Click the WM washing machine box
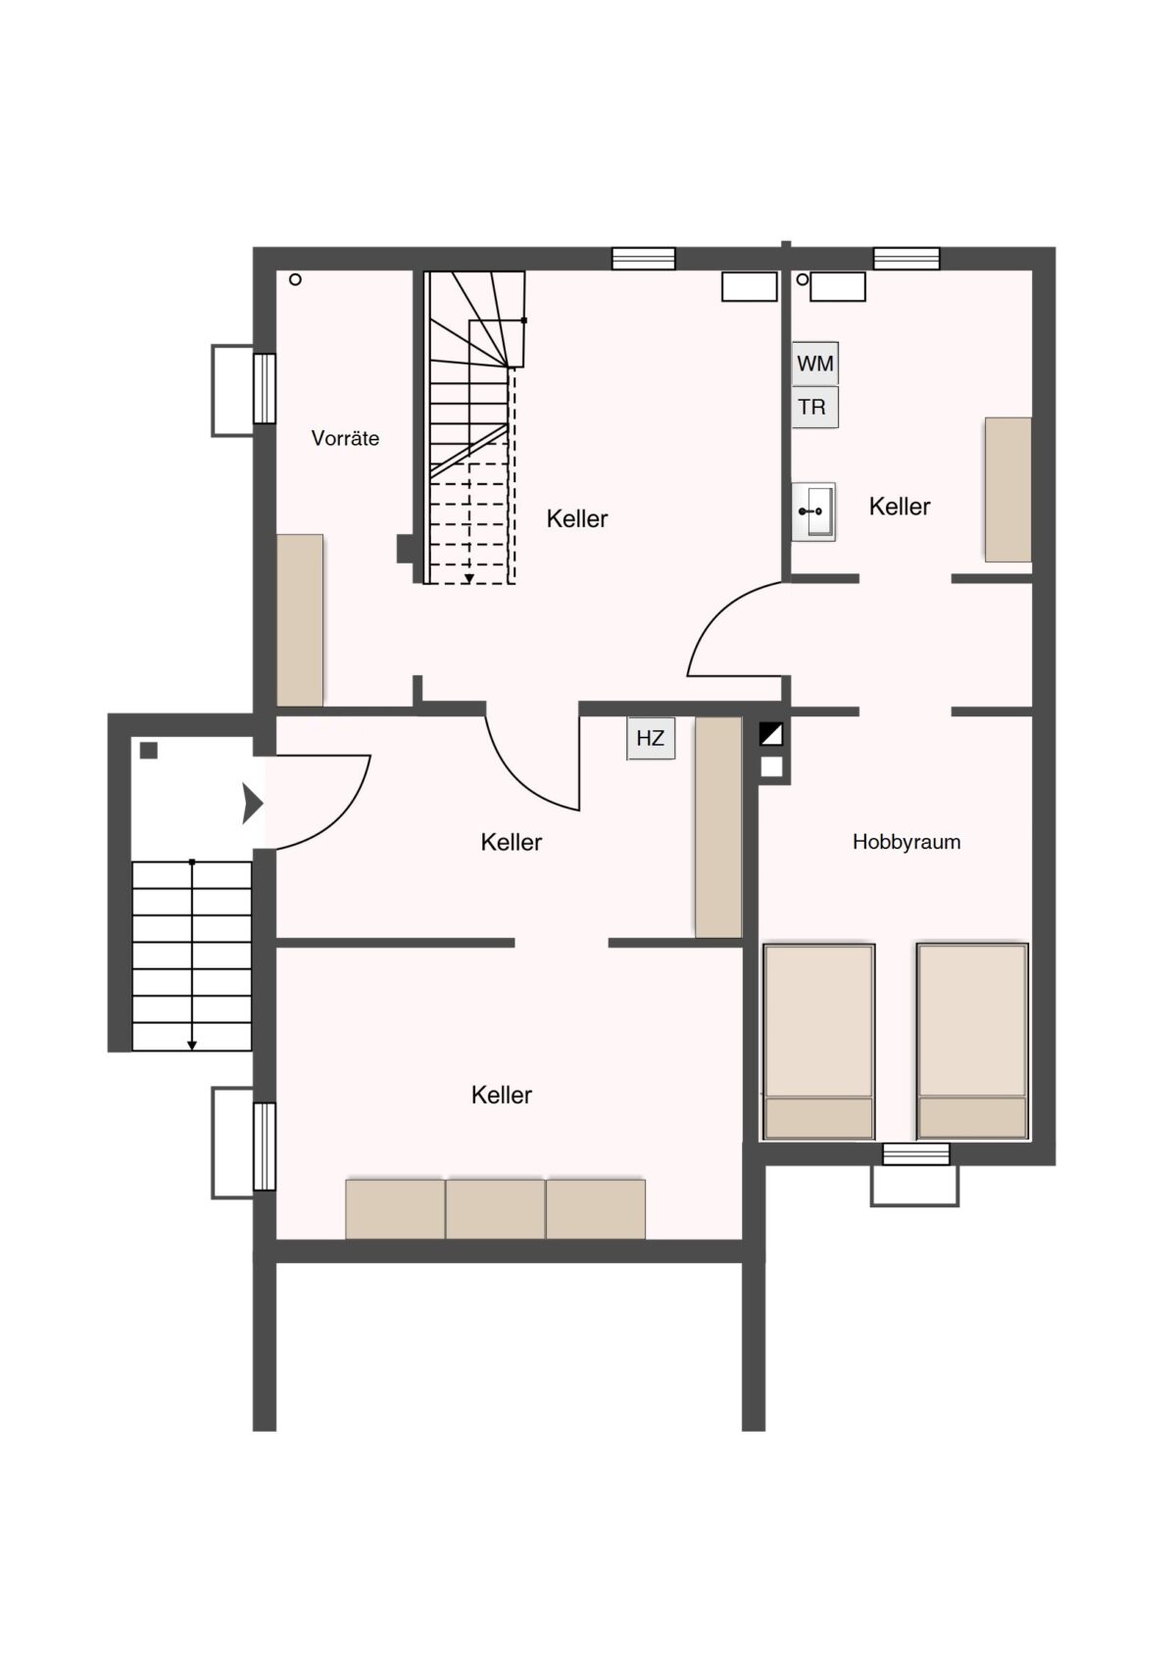815,363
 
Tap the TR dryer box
815,407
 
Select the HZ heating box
651,738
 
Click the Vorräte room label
345,439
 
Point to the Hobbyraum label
906,842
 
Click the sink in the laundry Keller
813,512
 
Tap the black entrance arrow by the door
253,804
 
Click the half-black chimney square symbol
771,735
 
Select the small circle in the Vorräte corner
296,280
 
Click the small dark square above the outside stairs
149,751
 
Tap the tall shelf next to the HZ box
718,827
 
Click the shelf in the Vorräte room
300,620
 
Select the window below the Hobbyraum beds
916,1153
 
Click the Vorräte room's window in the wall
265,388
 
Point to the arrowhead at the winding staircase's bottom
469,578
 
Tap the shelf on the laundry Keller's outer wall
1008,489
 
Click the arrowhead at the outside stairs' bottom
191,1046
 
